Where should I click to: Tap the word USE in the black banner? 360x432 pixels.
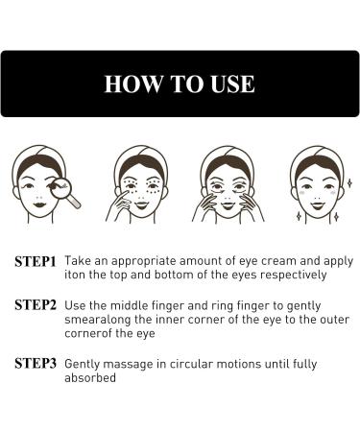click(x=227, y=84)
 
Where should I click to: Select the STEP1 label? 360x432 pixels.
click(x=36, y=260)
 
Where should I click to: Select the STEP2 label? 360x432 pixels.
click(x=36, y=305)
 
